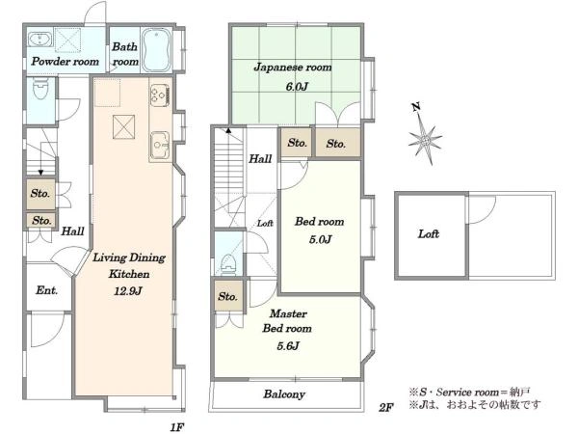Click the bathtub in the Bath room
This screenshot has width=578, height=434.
pos(156,50)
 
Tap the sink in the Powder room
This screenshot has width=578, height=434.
pos(40,40)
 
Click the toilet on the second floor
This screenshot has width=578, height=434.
pos(227,264)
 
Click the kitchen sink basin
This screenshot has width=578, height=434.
pos(159,145)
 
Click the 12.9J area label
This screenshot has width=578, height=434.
pos(127,291)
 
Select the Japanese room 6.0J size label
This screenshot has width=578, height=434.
pos(297,87)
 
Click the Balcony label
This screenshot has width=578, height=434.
pos(284,394)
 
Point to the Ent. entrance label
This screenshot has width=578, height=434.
pos(47,290)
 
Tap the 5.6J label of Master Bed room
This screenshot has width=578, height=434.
pos(288,346)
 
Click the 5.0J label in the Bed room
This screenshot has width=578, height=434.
pos(320,239)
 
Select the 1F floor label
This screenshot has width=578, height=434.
pos(177,427)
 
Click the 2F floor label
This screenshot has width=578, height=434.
pos(386,407)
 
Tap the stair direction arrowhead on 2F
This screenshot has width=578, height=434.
pos(228,130)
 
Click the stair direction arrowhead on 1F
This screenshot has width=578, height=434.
pos(40,173)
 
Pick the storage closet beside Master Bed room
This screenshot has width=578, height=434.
pos(229,296)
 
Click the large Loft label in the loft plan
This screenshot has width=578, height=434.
pos(429,234)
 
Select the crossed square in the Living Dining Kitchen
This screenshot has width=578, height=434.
pos(124,127)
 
